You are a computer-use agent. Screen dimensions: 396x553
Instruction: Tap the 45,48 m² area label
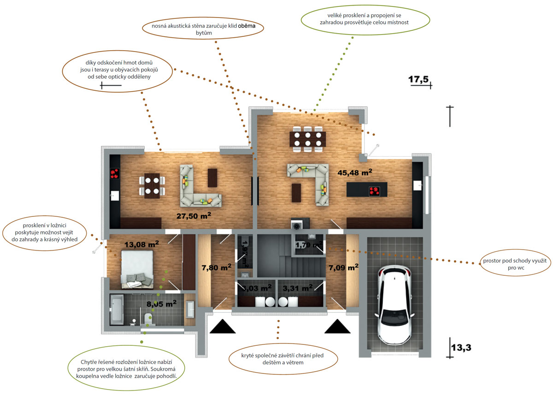pyautogui.click(x=355, y=173)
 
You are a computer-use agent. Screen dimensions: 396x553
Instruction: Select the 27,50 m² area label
pyautogui.click(x=194, y=215)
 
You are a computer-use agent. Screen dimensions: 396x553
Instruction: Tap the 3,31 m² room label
pyautogui.click(x=297, y=288)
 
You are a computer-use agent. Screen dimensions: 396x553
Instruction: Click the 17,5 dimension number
pyautogui.click(x=418, y=80)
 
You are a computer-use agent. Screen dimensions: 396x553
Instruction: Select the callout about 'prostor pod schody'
pyautogui.click(x=515, y=263)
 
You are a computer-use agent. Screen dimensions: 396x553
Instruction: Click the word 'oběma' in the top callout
pyautogui.click(x=247, y=26)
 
